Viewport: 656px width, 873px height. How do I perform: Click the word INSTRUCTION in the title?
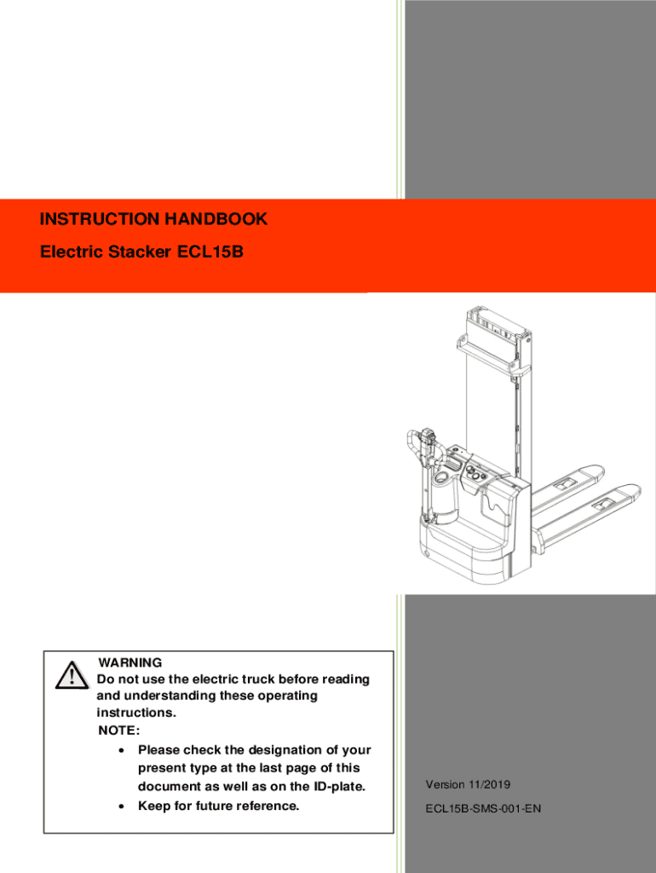pos(100,219)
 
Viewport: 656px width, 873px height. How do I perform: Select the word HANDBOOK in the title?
pos(216,219)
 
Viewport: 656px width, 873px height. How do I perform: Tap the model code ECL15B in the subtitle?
pos(210,251)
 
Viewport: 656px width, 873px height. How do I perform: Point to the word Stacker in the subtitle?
pos(140,252)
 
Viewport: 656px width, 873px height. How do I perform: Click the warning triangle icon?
pos(72,675)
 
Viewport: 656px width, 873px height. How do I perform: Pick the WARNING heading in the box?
pos(130,662)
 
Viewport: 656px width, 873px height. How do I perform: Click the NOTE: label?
pos(119,730)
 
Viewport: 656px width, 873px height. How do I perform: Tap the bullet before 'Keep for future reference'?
pos(121,807)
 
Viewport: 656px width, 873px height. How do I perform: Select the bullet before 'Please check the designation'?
pos(121,750)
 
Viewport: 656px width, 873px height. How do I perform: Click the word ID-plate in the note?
pos(339,786)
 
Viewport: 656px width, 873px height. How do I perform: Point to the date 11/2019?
pos(489,784)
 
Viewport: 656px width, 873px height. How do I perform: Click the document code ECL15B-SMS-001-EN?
pos(483,808)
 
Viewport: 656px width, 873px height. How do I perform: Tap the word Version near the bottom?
pos(445,784)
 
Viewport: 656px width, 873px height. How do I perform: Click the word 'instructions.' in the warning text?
pos(136,712)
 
